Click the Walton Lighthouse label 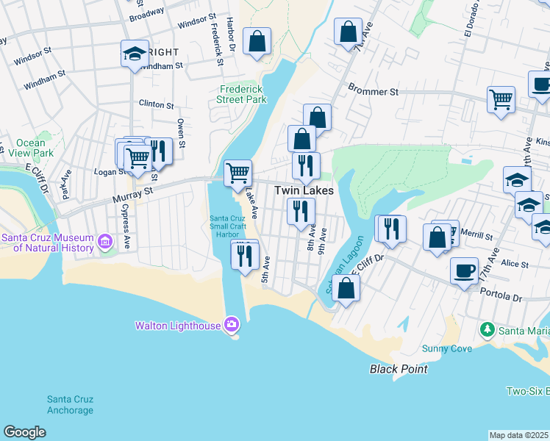click(x=178, y=325)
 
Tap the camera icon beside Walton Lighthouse click(x=232, y=324)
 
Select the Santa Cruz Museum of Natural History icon click(x=104, y=241)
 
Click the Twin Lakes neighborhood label click(x=304, y=190)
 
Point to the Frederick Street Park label click(x=243, y=94)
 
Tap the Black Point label click(x=398, y=369)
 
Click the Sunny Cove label click(x=446, y=348)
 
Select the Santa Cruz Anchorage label click(x=70, y=404)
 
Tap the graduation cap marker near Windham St click(x=135, y=54)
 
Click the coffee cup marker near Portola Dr click(x=464, y=270)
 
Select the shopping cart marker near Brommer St click(x=501, y=98)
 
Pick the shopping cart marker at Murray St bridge click(x=238, y=173)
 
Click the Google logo click(x=24, y=432)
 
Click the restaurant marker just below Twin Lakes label click(x=301, y=212)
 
